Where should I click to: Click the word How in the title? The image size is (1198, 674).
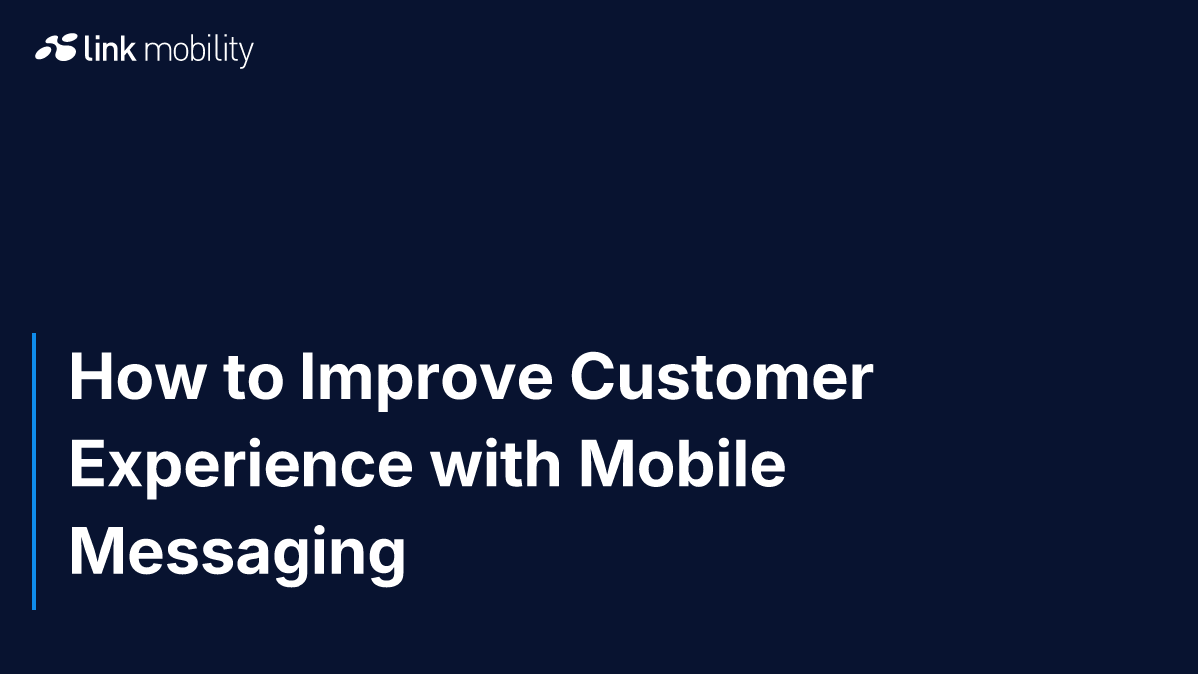coord(137,376)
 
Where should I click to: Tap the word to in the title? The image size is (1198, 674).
coord(253,378)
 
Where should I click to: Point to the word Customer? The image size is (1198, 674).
coord(722,376)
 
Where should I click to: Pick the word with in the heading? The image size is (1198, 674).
coord(496,463)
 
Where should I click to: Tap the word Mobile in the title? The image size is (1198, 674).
coord(683,463)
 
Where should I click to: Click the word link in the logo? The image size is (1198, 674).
coord(110,48)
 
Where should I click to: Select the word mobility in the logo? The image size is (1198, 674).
coord(199,51)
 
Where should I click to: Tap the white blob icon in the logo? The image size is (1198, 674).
coord(56,48)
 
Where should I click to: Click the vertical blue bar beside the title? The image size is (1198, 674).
coord(34,471)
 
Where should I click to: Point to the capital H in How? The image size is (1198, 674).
coord(91,376)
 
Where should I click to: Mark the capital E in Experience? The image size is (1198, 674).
coord(87,463)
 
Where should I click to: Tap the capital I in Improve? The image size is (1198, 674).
coord(307,376)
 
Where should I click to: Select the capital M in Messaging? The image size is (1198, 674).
coord(96,551)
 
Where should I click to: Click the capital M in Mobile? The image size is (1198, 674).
coord(608,463)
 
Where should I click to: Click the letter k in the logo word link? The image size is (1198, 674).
coord(128,48)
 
